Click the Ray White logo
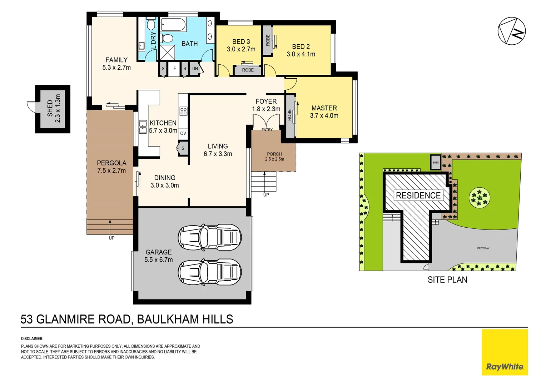point(505,367)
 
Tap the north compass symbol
point(512,31)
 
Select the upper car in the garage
point(210,237)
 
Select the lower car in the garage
point(210,272)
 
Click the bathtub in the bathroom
point(173,25)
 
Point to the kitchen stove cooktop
point(183,111)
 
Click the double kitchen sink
point(143,127)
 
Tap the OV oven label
point(183,133)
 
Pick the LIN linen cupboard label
point(195,69)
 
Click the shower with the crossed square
point(167,52)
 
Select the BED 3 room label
point(241,42)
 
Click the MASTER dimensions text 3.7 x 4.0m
point(324,116)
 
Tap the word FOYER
point(266,102)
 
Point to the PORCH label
point(274,154)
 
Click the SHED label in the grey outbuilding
point(50,108)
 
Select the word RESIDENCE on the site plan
point(418,196)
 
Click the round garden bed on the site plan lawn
point(480,198)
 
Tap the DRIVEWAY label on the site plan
point(483,248)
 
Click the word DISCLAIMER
point(32,338)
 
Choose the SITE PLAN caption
point(447,280)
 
